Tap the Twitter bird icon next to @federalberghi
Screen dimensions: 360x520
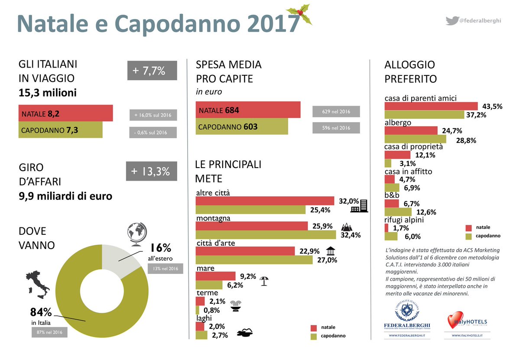(x=452, y=20)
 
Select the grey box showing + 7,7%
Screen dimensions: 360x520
(x=152, y=71)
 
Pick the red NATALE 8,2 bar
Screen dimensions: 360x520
(x=65, y=113)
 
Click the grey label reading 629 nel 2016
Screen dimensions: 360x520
(x=336, y=111)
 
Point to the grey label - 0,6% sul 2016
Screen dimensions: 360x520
(x=153, y=133)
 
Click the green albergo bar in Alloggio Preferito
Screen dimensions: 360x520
(x=415, y=139)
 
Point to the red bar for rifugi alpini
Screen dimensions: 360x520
(x=387, y=228)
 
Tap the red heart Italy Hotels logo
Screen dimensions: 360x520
(x=454, y=321)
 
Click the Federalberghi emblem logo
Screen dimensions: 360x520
(x=406, y=312)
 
